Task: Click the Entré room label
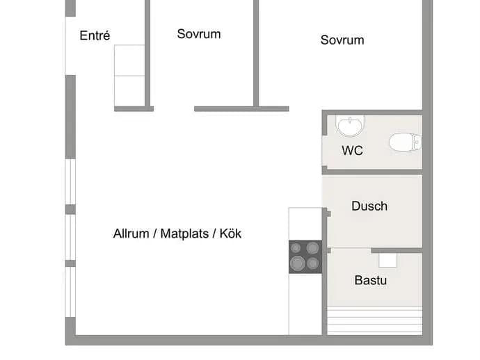(x=95, y=35)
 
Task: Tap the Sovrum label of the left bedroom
(x=199, y=34)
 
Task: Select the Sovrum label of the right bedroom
(x=342, y=40)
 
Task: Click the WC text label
(x=352, y=151)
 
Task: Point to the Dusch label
(x=369, y=206)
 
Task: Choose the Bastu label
(x=370, y=281)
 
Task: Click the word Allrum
(x=131, y=234)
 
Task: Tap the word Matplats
(x=184, y=234)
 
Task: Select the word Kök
(x=230, y=234)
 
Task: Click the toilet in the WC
(x=406, y=142)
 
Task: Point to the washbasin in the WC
(x=350, y=125)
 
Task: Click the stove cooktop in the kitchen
(x=305, y=257)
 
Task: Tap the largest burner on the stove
(x=298, y=263)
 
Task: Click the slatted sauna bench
(x=375, y=320)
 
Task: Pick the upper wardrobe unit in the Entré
(x=129, y=60)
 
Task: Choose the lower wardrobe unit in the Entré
(x=129, y=91)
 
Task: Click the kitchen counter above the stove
(x=305, y=224)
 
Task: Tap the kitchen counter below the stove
(x=305, y=304)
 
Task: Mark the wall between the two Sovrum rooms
(x=256, y=54)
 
